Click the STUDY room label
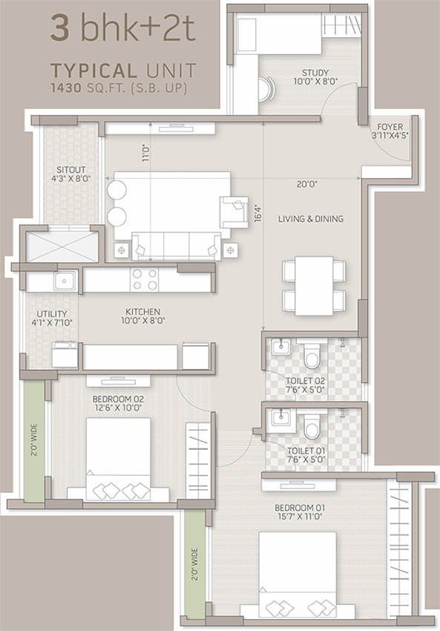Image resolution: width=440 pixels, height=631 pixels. (x=315, y=73)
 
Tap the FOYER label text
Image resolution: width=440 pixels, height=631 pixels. (x=390, y=127)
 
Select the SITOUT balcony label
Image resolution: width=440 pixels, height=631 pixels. (x=70, y=170)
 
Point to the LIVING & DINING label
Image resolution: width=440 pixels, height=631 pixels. (x=311, y=219)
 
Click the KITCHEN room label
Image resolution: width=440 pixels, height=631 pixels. (x=142, y=312)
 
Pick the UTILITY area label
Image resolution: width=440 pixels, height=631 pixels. (x=52, y=314)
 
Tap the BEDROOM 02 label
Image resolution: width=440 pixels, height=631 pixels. (x=118, y=399)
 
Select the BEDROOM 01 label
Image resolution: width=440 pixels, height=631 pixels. (x=300, y=508)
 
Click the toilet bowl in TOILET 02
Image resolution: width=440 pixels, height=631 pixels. (x=311, y=353)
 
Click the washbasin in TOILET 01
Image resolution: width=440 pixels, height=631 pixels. (x=280, y=418)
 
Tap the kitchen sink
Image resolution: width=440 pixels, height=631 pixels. (x=65, y=280)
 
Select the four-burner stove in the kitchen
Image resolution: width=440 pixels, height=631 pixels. (x=145, y=279)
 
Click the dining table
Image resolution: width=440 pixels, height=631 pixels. (x=314, y=286)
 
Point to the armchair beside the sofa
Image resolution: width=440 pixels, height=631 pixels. (x=234, y=212)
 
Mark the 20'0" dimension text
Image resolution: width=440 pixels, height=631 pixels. (x=307, y=184)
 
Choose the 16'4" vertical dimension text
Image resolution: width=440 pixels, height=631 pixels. (x=259, y=213)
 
